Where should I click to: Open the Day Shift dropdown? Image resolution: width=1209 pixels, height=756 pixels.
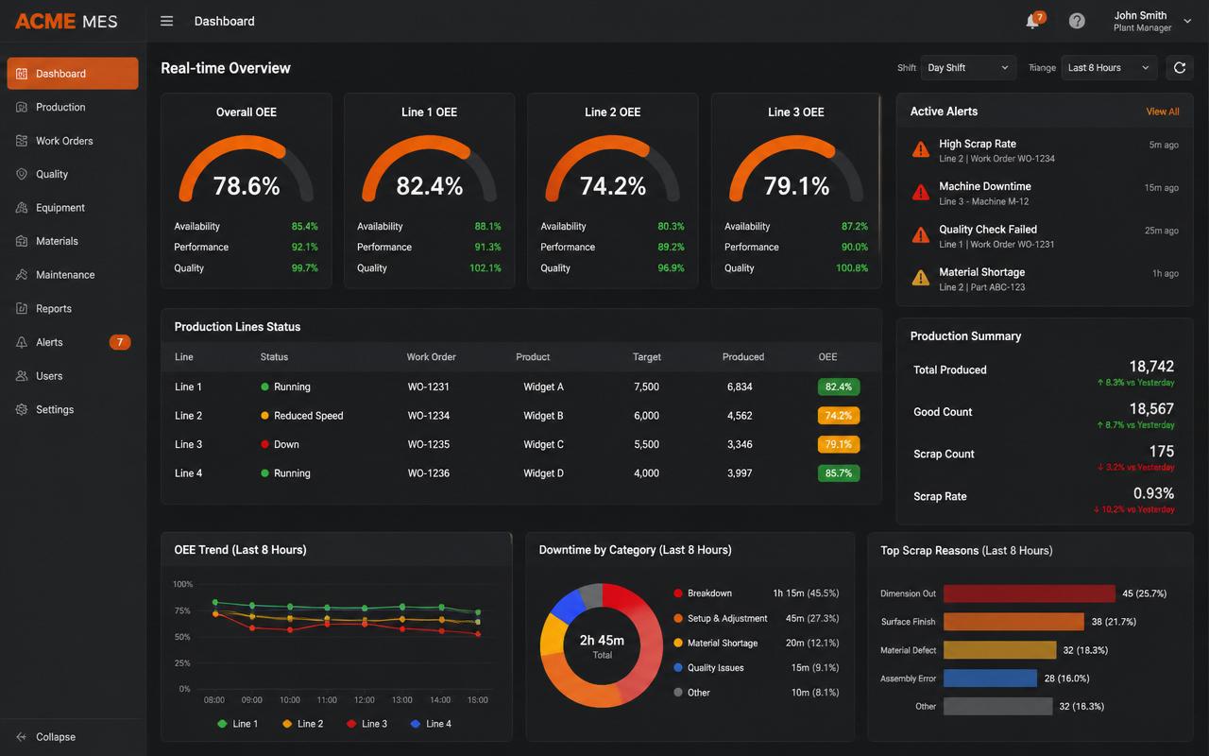968,68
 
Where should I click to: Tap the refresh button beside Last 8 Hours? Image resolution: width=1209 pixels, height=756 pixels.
1180,68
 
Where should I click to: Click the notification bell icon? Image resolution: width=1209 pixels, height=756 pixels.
1032,22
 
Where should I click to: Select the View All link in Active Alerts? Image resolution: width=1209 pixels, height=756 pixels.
1163,112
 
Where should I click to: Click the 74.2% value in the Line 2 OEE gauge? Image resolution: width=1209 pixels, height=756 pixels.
613,186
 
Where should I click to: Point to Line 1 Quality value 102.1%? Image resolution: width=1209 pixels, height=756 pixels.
485,267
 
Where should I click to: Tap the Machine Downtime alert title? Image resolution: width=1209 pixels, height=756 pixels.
984,186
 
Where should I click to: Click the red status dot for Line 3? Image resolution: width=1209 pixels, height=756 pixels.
264,444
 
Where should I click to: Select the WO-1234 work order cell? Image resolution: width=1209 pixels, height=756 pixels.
429,416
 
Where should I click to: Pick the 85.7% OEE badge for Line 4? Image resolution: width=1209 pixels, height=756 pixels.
838,473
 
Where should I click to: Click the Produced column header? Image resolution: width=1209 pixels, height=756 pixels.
742,357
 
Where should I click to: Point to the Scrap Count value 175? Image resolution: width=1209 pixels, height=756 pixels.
1161,452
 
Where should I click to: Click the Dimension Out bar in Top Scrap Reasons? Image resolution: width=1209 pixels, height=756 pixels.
1030,593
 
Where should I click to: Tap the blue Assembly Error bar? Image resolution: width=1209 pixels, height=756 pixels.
990,679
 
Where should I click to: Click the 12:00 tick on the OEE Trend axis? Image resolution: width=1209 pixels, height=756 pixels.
365,700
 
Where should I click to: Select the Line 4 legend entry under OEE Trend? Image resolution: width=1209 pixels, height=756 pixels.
432,724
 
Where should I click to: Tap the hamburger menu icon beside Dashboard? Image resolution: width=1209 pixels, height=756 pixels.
166,22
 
